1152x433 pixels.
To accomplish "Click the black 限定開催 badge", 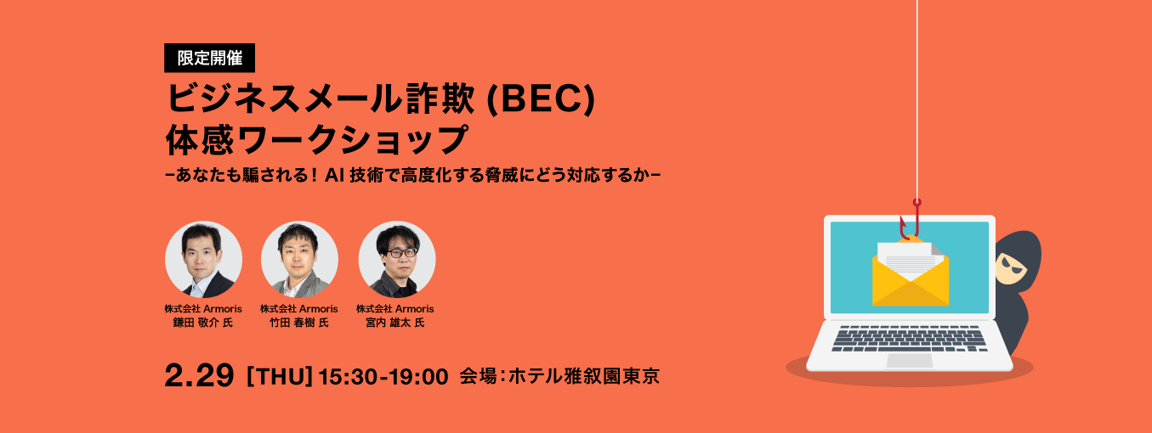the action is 209,58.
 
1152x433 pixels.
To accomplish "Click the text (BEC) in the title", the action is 540,99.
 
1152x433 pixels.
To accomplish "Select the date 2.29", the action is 200,375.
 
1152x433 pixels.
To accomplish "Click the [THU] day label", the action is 280,376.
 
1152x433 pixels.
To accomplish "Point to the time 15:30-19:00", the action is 383,376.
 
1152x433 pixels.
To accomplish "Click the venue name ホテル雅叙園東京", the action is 584,376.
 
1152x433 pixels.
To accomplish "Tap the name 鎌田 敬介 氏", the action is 203,323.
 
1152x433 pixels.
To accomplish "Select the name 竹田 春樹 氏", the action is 299,323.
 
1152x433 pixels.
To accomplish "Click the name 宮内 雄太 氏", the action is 395,323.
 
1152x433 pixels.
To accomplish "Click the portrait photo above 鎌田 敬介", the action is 204,260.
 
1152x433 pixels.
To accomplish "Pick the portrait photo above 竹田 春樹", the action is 299,260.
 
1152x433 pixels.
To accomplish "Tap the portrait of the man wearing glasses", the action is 396,260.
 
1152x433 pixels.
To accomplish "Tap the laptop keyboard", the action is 909,339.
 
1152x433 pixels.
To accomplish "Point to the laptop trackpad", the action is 909,360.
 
